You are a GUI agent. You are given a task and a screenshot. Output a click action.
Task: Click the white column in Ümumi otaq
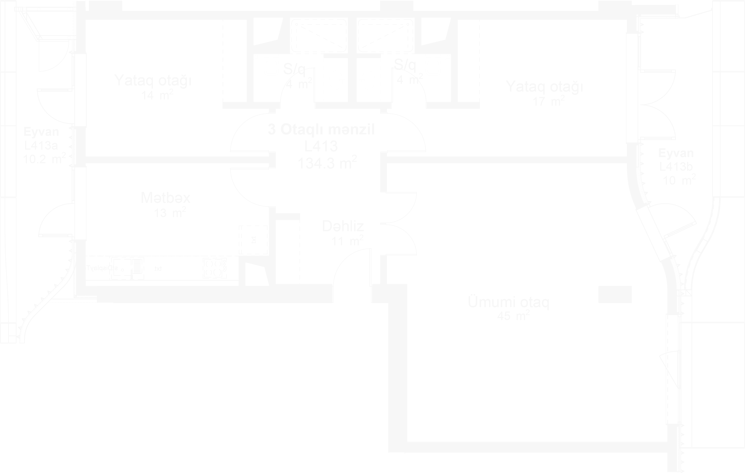pyautogui.click(x=614, y=294)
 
